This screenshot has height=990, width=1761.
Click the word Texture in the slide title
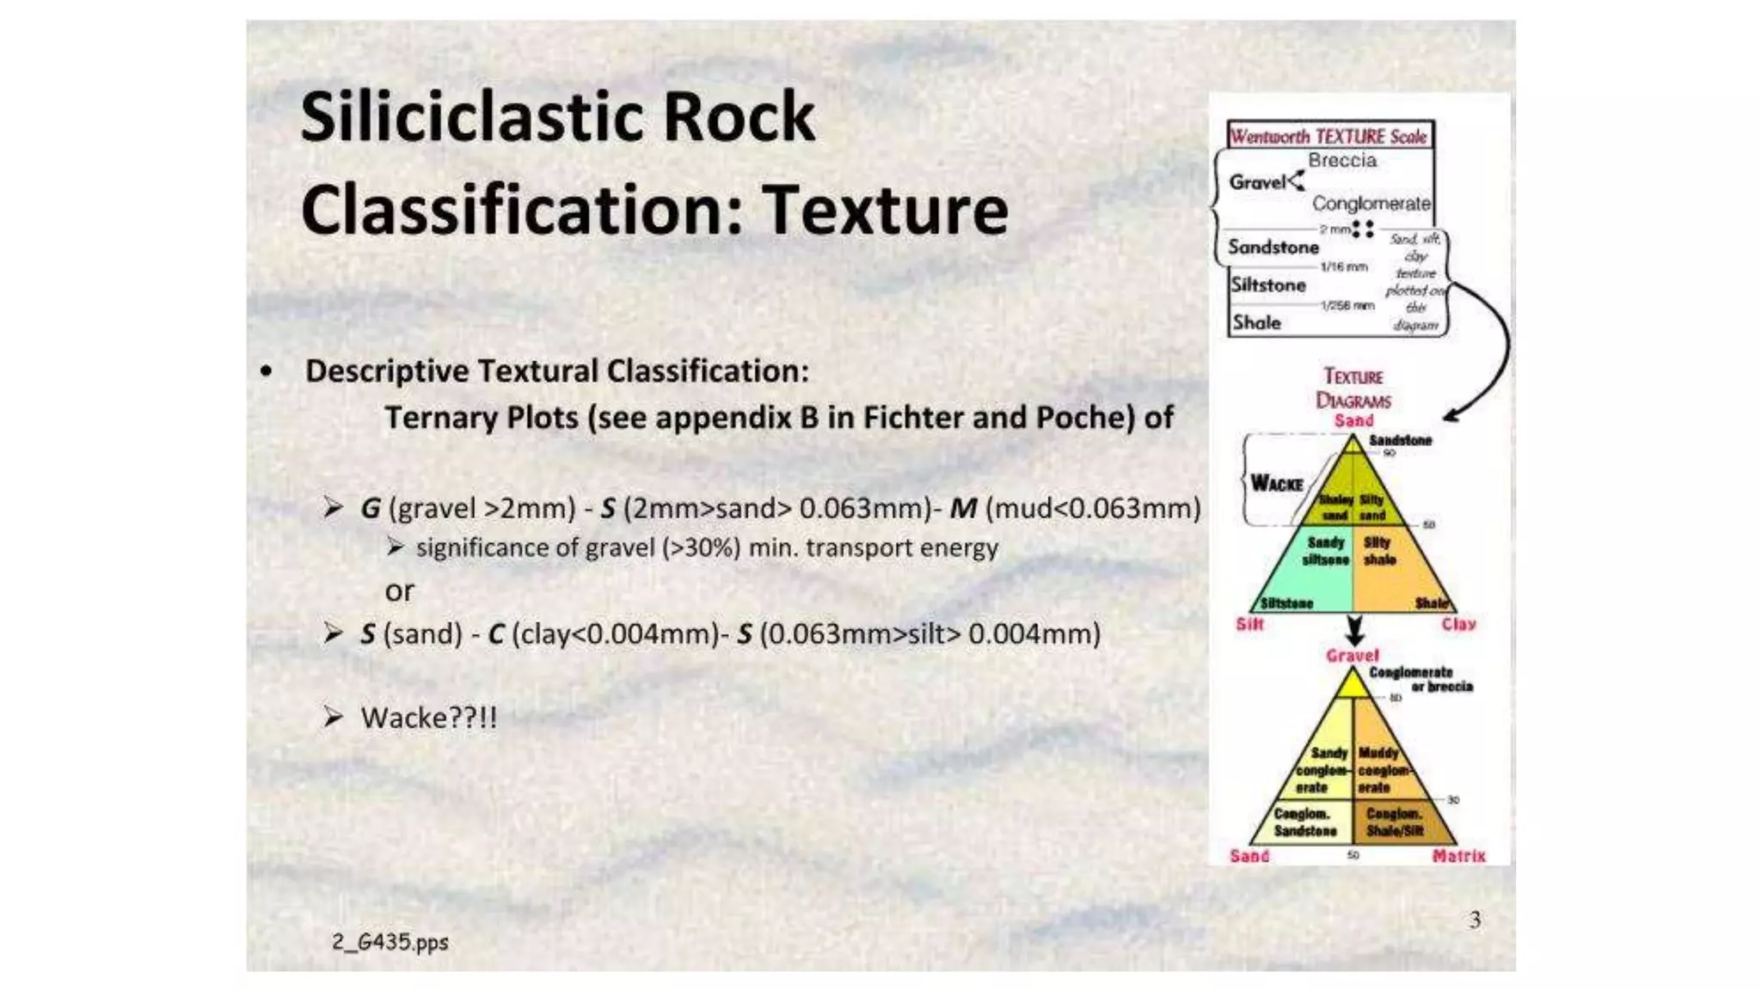coord(885,211)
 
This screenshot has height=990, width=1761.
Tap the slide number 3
coord(1475,920)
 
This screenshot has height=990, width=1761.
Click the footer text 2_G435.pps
coord(390,942)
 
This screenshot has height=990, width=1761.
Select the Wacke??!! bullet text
coord(428,718)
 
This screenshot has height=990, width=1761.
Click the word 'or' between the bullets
coord(399,591)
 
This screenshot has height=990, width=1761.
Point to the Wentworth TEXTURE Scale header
coord(1329,137)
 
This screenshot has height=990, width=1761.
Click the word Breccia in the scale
coord(1341,161)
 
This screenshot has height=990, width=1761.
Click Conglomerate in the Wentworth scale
coord(1371,204)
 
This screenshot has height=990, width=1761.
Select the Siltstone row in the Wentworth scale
coord(1268,285)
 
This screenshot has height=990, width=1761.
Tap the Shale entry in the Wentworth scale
coord(1256,323)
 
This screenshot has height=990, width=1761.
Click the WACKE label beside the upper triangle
coord(1276,484)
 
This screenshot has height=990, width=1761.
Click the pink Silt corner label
coord(1249,625)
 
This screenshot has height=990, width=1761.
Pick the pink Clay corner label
coord(1458,625)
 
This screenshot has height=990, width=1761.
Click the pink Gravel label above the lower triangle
coord(1352,656)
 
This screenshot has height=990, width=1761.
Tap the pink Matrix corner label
coord(1458,856)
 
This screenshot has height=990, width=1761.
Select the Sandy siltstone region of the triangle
coord(1325,552)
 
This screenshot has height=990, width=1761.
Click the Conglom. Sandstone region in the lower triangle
coord(1304,822)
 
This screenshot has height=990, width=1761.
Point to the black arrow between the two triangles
coord(1354,631)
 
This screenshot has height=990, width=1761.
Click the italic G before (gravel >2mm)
coord(370,509)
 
